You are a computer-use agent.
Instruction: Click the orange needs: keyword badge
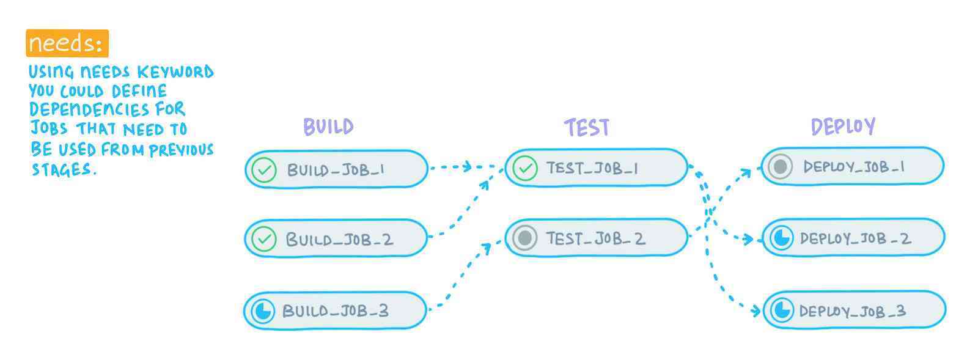tap(67, 43)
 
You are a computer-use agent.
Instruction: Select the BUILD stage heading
tap(328, 127)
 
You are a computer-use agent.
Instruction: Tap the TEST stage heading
tap(586, 127)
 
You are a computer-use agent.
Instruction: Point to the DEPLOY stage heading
tap(843, 127)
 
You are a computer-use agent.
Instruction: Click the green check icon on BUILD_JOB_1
tap(264, 170)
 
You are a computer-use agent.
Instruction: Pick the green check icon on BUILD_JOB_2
tap(264, 239)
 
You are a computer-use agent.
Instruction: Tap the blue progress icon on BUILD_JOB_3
tap(263, 311)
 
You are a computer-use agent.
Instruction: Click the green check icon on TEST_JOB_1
tap(524, 168)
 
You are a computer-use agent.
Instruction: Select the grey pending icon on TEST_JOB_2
tap(524, 238)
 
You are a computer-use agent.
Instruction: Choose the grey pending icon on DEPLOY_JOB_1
tap(781, 166)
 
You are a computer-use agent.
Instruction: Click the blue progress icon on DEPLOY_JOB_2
tap(781, 238)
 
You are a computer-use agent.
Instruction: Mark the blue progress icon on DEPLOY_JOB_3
tap(781, 310)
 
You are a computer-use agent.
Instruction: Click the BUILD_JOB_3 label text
tap(335, 311)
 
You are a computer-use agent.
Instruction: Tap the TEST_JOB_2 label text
tap(595, 238)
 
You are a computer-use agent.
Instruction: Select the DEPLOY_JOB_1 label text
tap(854, 167)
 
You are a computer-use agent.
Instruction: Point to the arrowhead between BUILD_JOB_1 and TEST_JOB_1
tap(468, 166)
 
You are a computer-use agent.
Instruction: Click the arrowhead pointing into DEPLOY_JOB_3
tap(756, 310)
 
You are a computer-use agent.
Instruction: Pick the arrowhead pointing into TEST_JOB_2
tap(487, 248)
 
